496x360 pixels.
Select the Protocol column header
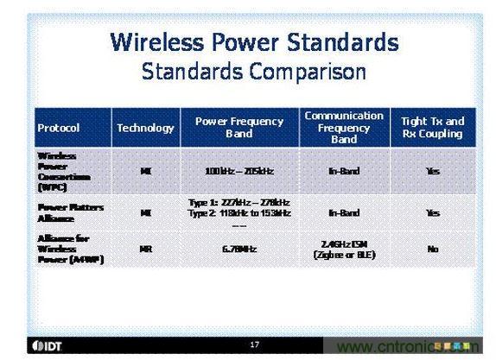(x=59, y=128)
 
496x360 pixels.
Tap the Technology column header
(x=145, y=128)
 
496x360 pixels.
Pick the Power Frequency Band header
(x=239, y=127)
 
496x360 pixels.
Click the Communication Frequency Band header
(x=344, y=127)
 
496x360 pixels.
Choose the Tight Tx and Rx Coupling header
(x=433, y=127)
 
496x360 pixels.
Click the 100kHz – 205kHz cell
(x=239, y=171)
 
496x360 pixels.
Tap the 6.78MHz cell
(x=239, y=249)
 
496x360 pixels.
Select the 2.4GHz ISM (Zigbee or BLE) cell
(x=344, y=249)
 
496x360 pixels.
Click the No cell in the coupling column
(x=433, y=249)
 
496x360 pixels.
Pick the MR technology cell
(x=145, y=249)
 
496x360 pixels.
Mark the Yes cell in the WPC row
(x=433, y=171)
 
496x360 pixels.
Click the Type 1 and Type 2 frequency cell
(x=239, y=208)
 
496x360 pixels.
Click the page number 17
(x=254, y=344)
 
